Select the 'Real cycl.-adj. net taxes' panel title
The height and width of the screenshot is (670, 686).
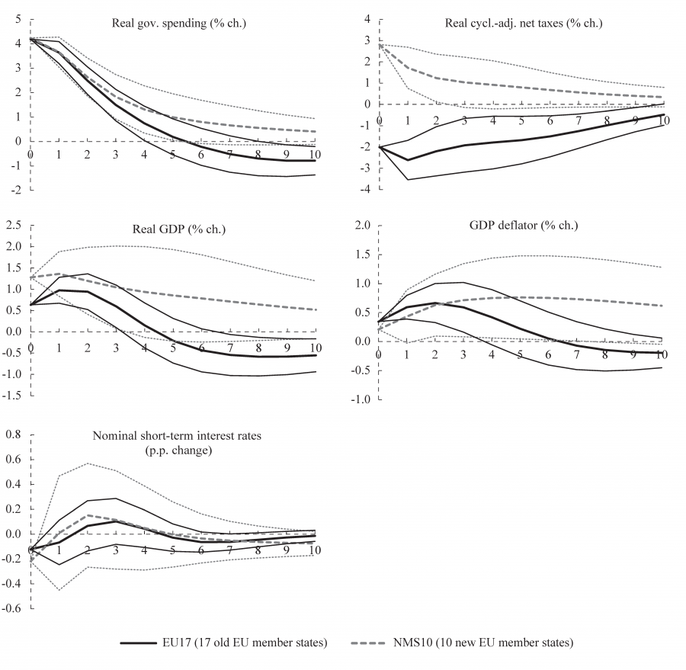[x=523, y=23]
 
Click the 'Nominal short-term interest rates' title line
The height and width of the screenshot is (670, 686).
[x=173, y=436]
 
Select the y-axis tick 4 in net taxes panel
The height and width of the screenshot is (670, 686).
[x=367, y=18]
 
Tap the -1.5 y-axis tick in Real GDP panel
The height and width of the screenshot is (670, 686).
[x=10, y=396]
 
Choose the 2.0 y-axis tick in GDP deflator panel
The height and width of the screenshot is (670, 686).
[x=362, y=226]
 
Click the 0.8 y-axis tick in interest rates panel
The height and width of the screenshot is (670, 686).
[x=11, y=434]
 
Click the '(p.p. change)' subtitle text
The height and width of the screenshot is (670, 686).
[x=172, y=450]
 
